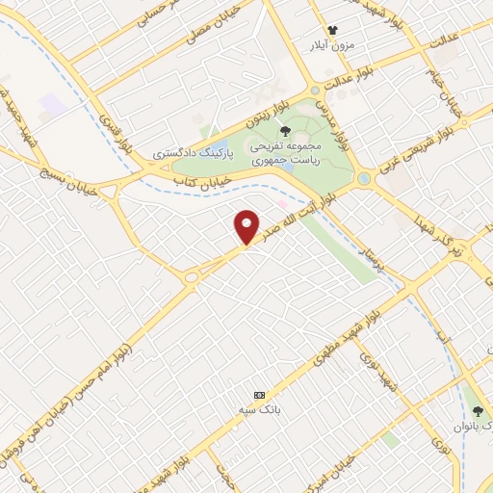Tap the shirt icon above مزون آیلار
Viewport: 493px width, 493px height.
tap(333, 31)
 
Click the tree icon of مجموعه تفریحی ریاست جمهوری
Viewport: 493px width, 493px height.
tap(283, 132)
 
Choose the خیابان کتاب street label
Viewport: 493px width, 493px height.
tap(199, 180)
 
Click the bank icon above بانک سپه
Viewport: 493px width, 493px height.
tap(258, 395)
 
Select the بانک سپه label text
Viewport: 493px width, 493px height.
tap(258, 409)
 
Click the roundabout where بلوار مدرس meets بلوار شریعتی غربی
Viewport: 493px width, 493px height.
tap(363, 179)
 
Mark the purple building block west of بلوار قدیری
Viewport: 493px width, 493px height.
tap(53, 105)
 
